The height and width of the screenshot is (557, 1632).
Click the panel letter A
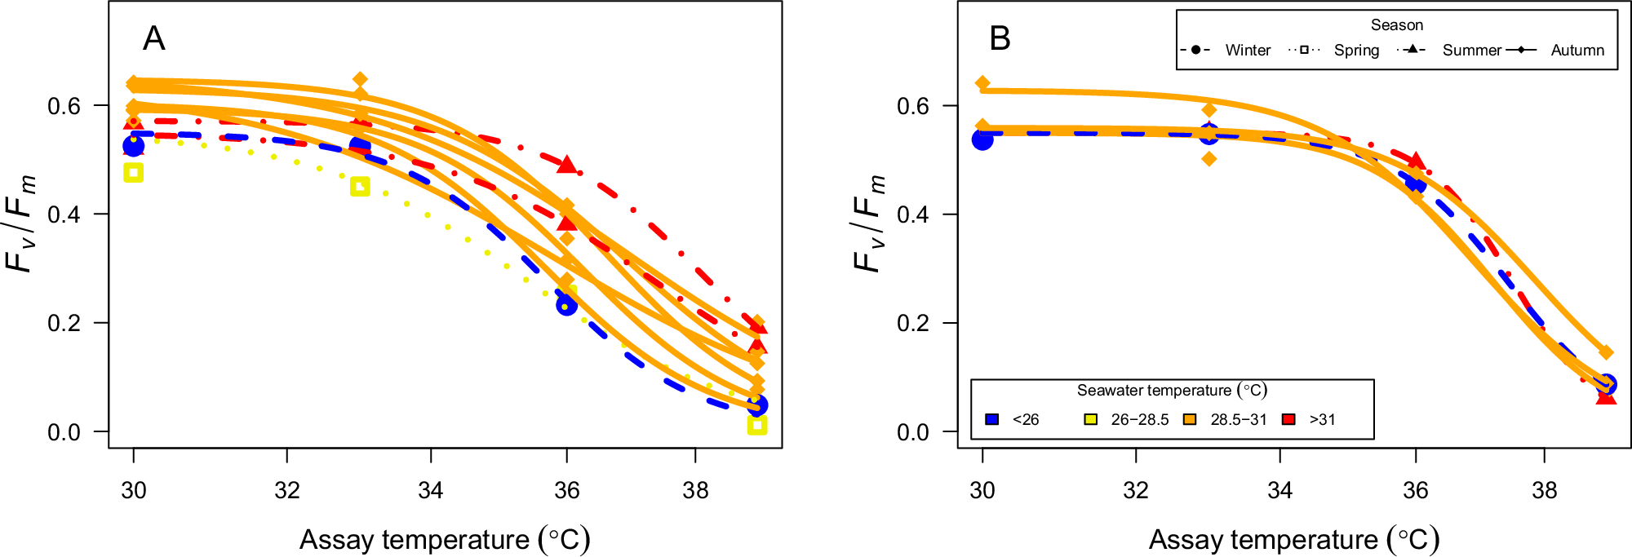153,38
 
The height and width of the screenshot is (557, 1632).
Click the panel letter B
1000,38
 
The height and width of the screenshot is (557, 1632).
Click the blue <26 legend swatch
992,419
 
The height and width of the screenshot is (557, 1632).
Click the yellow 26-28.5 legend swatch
1090,419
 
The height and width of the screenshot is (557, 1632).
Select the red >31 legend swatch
1289,419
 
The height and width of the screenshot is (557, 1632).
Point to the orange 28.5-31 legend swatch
1190,419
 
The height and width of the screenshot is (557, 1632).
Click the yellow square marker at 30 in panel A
133,172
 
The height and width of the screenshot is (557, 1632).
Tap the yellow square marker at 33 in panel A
360,187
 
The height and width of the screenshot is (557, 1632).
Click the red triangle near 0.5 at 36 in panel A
567,164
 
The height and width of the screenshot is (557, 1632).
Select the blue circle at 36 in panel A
566,305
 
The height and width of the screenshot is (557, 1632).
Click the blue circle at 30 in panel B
982,139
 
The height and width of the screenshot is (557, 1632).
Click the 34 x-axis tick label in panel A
430,490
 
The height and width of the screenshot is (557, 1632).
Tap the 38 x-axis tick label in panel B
1544,490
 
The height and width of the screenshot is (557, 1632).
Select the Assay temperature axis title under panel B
1294,539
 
